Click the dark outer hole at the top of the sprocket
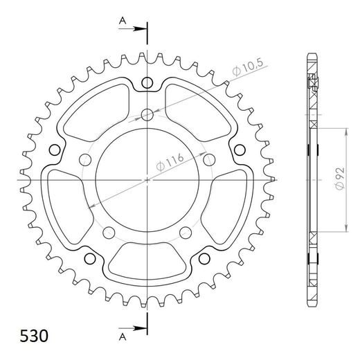point(147,84)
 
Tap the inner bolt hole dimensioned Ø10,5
point(147,115)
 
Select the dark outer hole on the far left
point(55,150)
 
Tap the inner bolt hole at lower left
point(109,231)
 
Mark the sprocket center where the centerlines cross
point(147,179)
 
